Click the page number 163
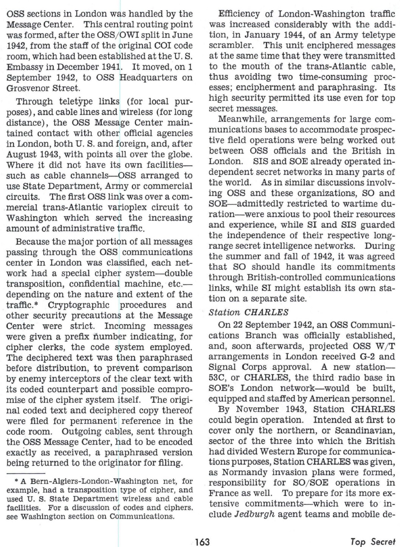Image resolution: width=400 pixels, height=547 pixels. click(x=202, y=542)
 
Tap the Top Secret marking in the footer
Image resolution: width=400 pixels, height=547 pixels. click(x=373, y=542)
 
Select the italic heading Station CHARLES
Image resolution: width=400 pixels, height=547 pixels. click(x=249, y=312)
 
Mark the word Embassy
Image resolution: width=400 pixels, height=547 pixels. click(x=22, y=67)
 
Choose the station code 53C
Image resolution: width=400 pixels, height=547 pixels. click(x=217, y=377)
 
